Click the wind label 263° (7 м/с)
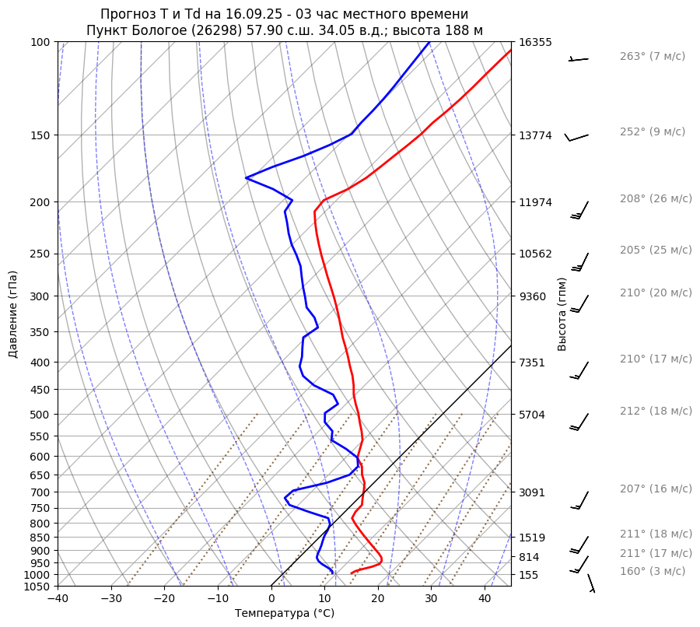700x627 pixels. click(652, 56)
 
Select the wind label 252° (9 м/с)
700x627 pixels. click(652, 131)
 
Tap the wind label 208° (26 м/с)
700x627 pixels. click(656, 198)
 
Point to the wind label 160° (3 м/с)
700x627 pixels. click(652, 571)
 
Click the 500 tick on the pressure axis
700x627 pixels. click(40, 414)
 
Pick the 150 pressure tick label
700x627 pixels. click(40, 135)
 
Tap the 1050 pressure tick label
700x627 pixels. click(37, 587)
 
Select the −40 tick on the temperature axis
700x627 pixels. click(58, 599)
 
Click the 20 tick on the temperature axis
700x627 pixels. click(378, 599)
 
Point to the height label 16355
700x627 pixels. click(535, 42)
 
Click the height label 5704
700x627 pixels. click(532, 414)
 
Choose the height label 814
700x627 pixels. click(529, 557)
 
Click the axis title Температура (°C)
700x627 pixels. click(285, 613)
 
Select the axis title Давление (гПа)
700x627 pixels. click(13, 314)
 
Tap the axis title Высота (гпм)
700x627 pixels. click(562, 314)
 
